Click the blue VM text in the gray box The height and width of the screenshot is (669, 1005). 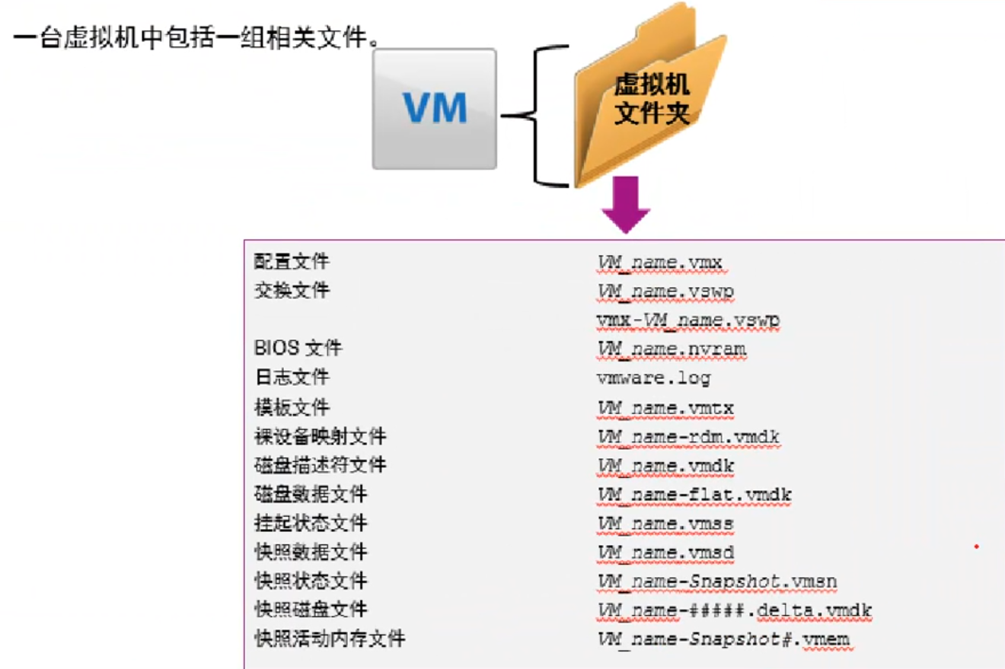click(x=435, y=108)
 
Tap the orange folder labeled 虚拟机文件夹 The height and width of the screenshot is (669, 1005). click(x=647, y=99)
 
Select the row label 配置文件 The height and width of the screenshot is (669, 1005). click(x=292, y=262)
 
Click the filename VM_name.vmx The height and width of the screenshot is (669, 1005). click(x=659, y=263)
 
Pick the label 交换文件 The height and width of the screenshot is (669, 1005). click(x=292, y=291)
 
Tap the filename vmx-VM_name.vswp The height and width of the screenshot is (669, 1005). click(x=688, y=320)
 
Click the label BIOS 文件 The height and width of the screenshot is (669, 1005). click(x=298, y=349)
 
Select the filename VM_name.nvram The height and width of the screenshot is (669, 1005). click(x=672, y=349)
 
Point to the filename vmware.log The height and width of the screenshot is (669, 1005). click(x=653, y=378)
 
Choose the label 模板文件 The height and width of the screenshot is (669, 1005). click(x=292, y=407)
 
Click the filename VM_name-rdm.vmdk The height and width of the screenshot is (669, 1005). click(x=688, y=437)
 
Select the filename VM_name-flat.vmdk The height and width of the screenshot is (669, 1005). click(x=694, y=495)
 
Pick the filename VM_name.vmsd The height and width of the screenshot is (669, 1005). click(x=665, y=553)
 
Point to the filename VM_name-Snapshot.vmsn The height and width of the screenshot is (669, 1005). click(x=717, y=582)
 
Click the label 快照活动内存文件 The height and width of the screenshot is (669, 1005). click(x=329, y=639)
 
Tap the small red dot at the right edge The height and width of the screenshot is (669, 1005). click(x=976, y=546)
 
